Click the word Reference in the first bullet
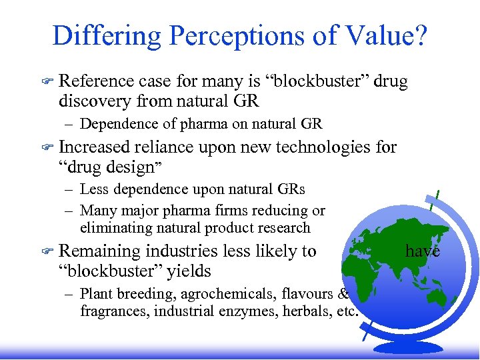tap(97, 81)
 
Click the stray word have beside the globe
tap(423, 251)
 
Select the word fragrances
tap(112, 311)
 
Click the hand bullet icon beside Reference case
tap(45, 82)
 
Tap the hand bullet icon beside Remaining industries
tap(45, 252)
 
